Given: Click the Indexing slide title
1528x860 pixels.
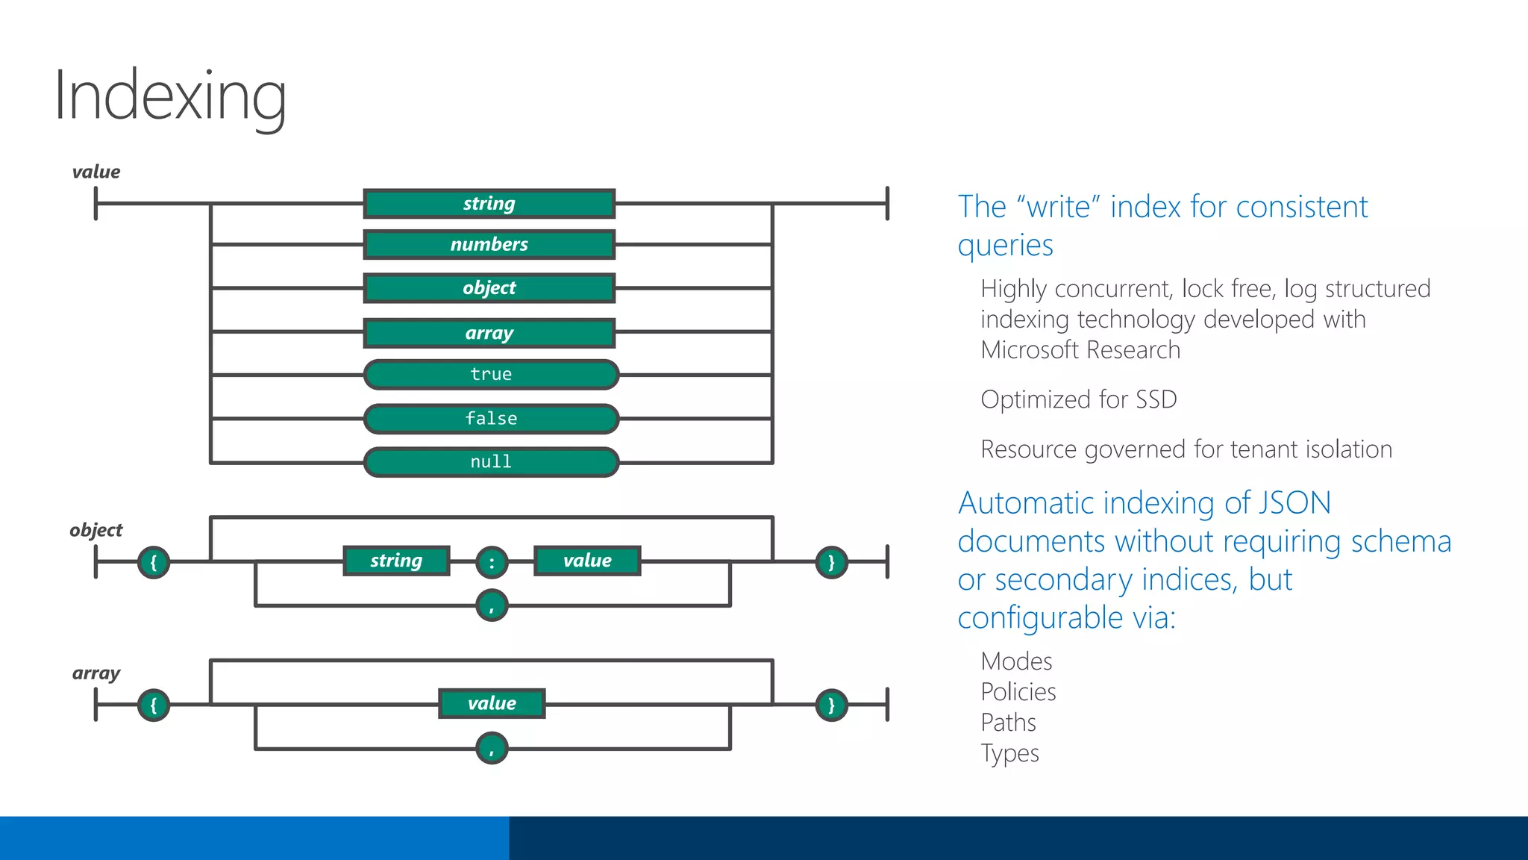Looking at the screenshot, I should pos(170,96).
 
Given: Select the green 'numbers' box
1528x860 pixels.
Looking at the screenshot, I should pos(489,245).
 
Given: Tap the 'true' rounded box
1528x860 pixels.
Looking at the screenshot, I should pos(491,375).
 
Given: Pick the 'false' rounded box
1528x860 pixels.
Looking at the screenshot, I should pos(491,419).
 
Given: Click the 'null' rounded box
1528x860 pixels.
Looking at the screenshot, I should pos(491,462).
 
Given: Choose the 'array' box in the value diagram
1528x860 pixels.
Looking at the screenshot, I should pos(489,333).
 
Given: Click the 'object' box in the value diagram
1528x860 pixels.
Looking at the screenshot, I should pos(489,288).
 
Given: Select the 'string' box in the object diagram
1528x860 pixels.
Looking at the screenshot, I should pos(396,561).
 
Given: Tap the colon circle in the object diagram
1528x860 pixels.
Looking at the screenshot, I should pos(492,563).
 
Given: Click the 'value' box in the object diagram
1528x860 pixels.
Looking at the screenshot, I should pos(587,561).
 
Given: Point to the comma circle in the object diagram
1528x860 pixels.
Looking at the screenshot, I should pos(492,605).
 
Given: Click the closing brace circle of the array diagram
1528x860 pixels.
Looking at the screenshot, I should pos(831,705).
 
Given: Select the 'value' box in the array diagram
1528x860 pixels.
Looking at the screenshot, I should pos(492,704).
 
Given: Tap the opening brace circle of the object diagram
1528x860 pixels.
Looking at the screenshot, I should pos(154,562).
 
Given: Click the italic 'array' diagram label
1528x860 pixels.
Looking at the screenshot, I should pos(96,673).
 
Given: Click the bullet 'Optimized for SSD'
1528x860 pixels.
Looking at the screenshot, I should pos(1079,399).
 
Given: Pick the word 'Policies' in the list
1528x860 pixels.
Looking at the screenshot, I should pos(1018,692).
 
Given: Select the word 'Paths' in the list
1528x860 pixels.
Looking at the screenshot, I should pos(1009,723).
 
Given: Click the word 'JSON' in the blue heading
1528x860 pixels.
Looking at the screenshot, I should pos(1294,503).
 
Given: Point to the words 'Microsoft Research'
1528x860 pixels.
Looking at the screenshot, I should pos(1080,350).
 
